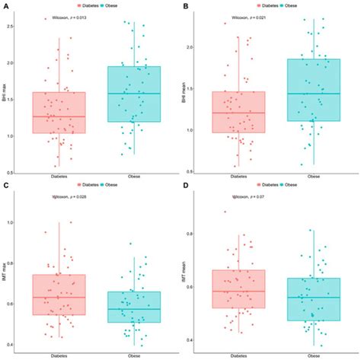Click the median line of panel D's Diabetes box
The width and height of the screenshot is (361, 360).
coord(238,291)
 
